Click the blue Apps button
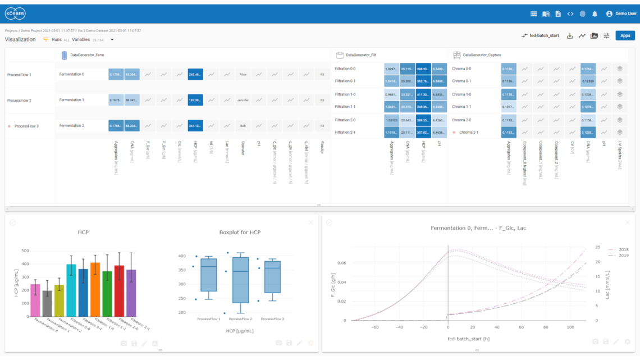(x=625, y=35)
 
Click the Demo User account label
(x=625, y=13)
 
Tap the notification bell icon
(x=595, y=13)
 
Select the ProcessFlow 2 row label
(x=19, y=101)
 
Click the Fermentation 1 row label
(x=72, y=100)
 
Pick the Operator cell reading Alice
(x=243, y=74)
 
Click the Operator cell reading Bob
(x=243, y=126)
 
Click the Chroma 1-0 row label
(x=461, y=94)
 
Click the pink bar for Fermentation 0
(x=35, y=300)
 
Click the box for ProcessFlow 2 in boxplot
(x=240, y=280)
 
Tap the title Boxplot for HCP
(x=240, y=232)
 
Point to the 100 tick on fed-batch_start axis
(x=570, y=327)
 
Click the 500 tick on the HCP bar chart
(x=25, y=251)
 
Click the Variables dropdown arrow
(x=112, y=40)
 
